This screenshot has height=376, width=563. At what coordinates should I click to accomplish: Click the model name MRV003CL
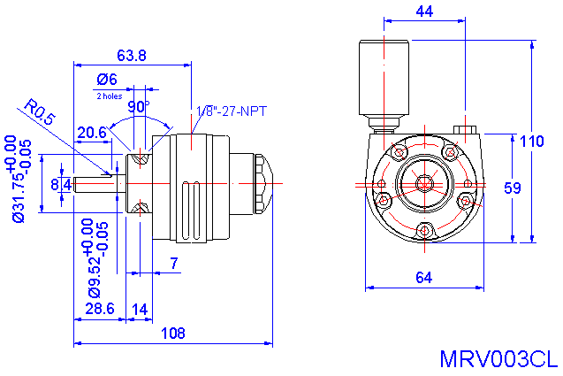pyautogui.click(x=498, y=359)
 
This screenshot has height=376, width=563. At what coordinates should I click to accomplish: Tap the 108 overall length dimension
pyautogui.click(x=173, y=334)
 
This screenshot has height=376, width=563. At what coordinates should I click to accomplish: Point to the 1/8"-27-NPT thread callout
pyautogui.click(x=231, y=111)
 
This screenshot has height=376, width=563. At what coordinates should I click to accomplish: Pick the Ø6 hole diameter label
pyautogui.click(x=108, y=79)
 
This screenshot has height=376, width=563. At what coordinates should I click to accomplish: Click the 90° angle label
pyautogui.click(x=139, y=107)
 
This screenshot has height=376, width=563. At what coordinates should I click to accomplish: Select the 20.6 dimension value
pyautogui.click(x=92, y=132)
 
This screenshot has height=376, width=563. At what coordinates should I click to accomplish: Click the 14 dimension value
pyautogui.click(x=140, y=308)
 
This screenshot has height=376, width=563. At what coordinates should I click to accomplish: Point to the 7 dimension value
pyautogui.click(x=173, y=263)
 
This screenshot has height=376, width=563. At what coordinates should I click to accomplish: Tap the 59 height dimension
pyautogui.click(x=512, y=188)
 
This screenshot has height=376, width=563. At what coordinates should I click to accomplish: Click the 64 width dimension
pyautogui.click(x=423, y=278)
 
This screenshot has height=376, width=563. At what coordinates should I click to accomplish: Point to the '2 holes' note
pyautogui.click(x=109, y=95)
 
